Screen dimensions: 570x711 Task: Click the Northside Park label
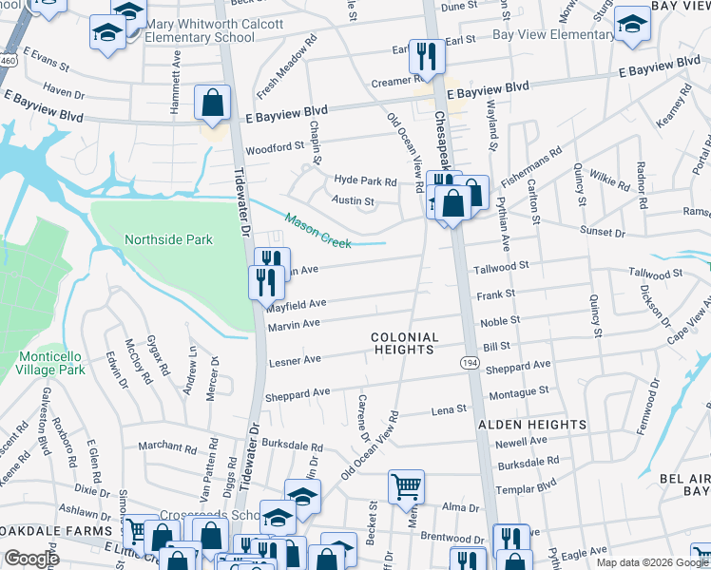tap(168, 239)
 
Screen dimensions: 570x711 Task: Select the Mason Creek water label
tap(317, 230)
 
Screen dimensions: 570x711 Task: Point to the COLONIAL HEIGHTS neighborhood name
tap(404, 343)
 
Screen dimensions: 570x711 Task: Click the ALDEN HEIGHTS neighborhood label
tap(531, 425)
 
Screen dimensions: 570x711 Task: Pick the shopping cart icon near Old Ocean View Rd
tap(406, 486)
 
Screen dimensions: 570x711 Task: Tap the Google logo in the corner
tap(32, 559)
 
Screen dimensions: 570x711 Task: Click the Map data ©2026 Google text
tap(652, 562)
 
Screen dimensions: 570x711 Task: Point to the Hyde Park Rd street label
tap(364, 180)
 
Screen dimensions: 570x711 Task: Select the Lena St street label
tap(450, 409)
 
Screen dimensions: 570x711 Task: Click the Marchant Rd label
tap(166, 446)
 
